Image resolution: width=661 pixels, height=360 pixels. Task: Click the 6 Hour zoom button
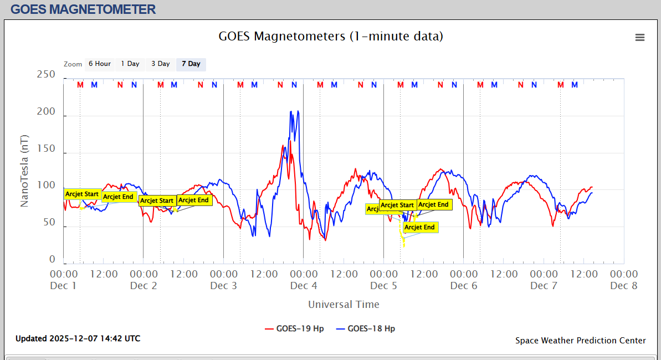click(x=100, y=64)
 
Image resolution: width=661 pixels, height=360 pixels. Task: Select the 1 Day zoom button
click(x=130, y=64)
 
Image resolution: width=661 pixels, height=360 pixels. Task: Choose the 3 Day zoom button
click(x=161, y=64)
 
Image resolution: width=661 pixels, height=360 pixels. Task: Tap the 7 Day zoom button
click(x=191, y=64)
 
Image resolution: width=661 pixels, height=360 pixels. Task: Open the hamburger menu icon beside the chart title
click(x=640, y=38)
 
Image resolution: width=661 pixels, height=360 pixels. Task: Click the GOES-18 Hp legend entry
click(x=366, y=328)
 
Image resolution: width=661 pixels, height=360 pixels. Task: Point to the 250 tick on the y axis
click(x=45, y=75)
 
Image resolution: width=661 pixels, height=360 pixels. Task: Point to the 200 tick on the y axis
click(x=45, y=112)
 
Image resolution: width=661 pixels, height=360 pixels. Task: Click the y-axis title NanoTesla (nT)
click(x=24, y=171)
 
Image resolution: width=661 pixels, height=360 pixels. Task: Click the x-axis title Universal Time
click(x=344, y=304)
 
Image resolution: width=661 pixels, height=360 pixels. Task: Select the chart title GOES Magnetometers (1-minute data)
click(x=331, y=37)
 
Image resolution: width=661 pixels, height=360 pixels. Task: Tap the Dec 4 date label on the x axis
click(x=304, y=286)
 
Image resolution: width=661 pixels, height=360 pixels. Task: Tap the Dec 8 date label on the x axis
click(x=624, y=286)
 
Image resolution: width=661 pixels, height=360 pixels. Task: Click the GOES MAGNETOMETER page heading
click(x=83, y=9)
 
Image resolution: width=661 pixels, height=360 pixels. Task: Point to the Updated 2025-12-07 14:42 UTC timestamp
click(x=78, y=338)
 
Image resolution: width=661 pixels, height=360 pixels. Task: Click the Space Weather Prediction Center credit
click(x=580, y=341)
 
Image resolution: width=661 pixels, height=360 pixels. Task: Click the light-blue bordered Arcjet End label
click(x=420, y=227)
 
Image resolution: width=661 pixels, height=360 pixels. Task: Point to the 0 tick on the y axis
click(x=52, y=260)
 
